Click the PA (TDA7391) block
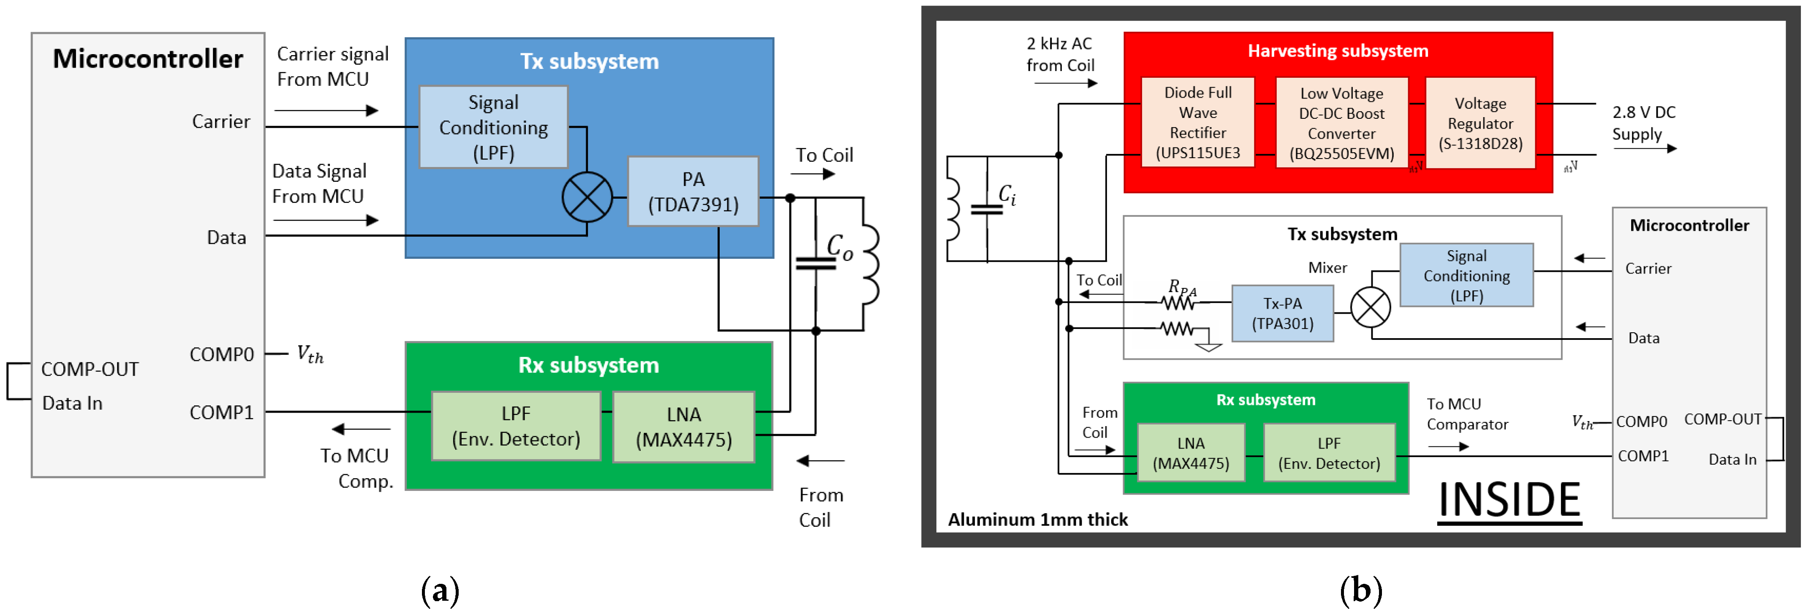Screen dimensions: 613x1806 click(x=693, y=192)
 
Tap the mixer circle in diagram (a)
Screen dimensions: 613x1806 click(x=587, y=197)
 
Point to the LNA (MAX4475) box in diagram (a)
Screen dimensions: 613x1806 click(x=683, y=427)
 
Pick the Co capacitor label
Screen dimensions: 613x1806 click(x=839, y=247)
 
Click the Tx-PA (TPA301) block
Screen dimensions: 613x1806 click(x=1282, y=314)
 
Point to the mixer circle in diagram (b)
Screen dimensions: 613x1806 click(x=1370, y=307)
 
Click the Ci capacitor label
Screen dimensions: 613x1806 click(x=1007, y=194)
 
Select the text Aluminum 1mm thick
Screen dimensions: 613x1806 click(x=1038, y=520)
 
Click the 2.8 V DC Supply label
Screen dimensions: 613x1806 click(x=1643, y=123)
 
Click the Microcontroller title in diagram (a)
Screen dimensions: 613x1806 click(x=148, y=59)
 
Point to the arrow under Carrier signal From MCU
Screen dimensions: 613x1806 click(x=326, y=110)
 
